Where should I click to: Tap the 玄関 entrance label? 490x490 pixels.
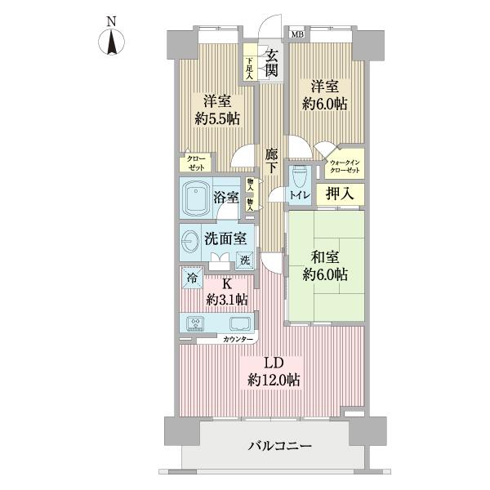271,64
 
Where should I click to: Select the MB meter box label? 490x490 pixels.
296,34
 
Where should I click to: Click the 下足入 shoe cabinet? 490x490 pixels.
250,65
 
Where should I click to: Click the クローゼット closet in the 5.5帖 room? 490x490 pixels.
196,162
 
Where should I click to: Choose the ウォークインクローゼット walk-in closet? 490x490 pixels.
345,168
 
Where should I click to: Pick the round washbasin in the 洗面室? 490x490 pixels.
191,243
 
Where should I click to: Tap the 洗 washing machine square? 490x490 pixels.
244,261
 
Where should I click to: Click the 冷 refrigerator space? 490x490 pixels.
191,277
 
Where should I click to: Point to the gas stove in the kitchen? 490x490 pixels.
196,323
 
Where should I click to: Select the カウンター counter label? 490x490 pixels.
237,338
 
